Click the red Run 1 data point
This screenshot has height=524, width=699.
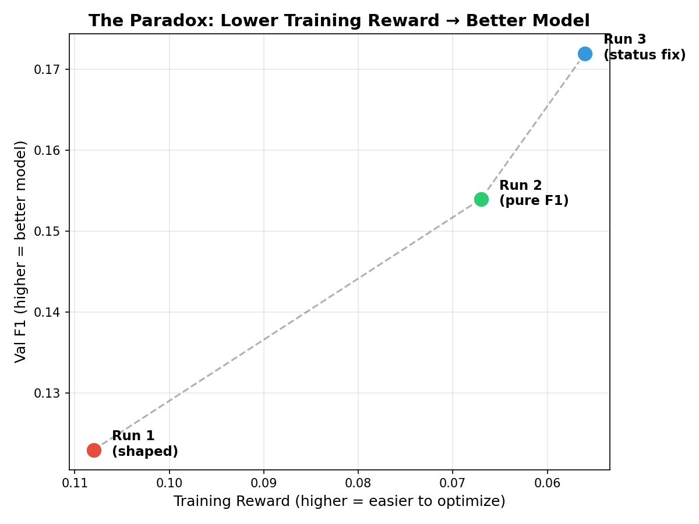pyautogui.click(x=94, y=450)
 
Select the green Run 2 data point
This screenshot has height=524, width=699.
pyautogui.click(x=481, y=199)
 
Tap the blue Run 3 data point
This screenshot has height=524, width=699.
pyautogui.click(x=585, y=54)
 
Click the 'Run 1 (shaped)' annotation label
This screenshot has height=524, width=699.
pyautogui.click(x=145, y=444)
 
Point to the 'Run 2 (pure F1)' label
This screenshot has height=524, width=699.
pyautogui.click(x=534, y=193)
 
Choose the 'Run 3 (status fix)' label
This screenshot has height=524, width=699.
pyautogui.click(x=644, y=48)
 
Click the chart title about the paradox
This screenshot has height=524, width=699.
pyautogui.click(x=339, y=21)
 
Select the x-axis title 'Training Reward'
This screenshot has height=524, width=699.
pyautogui.click(x=339, y=501)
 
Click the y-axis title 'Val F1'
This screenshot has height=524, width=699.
pyautogui.click(x=21, y=252)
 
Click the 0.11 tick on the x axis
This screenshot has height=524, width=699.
pyautogui.click(x=75, y=483)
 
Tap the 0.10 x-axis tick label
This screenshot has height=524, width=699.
pyautogui.click(x=170, y=483)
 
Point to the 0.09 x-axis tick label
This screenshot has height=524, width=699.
pyautogui.click(x=264, y=483)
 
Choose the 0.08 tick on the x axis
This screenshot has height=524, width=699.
pyautogui.click(x=358, y=483)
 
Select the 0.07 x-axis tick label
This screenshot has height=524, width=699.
pyautogui.click(x=453, y=483)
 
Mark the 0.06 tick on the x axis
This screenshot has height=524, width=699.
pyautogui.click(x=548, y=483)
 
